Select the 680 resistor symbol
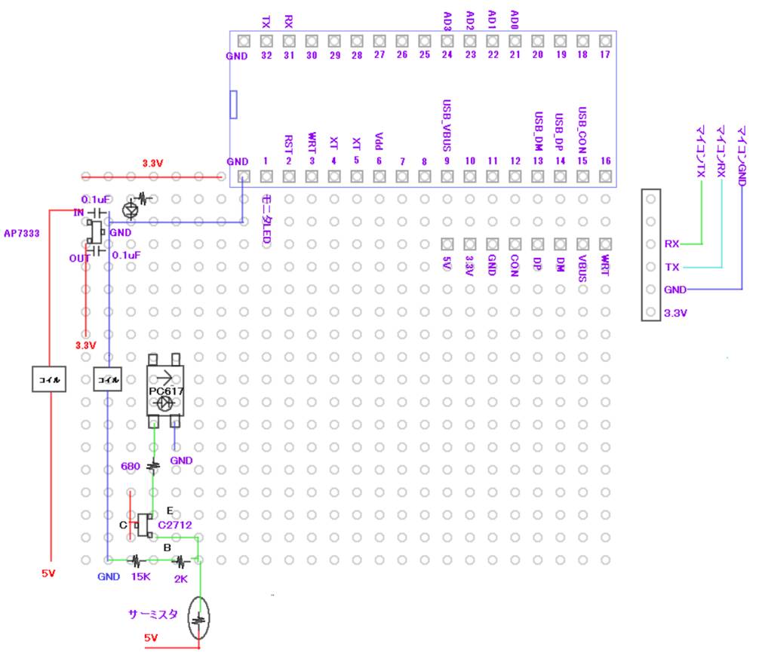155,467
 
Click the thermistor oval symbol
199,619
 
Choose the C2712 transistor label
174,524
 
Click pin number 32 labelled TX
266,55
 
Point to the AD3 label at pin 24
447,20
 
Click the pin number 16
605,161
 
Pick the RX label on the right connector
671,244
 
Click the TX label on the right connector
671,267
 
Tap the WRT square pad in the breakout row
604,244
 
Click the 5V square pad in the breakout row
447,244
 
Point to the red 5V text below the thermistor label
151,638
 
